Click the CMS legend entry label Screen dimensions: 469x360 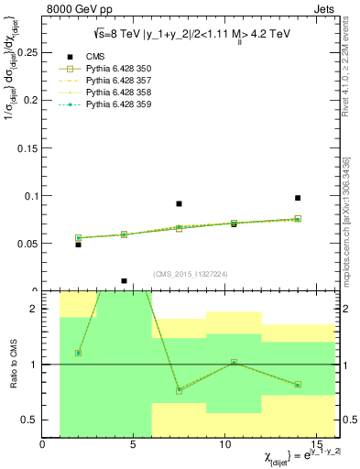[x=95, y=57]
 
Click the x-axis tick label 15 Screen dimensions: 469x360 [x=317, y=444]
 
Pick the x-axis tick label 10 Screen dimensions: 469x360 [x=225, y=444]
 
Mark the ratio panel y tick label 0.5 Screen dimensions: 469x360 [x=29, y=420]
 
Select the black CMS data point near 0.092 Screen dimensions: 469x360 [x=179, y=203]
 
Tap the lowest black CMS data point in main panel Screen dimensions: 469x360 [x=124, y=281]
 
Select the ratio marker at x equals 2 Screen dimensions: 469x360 [x=78, y=353]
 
